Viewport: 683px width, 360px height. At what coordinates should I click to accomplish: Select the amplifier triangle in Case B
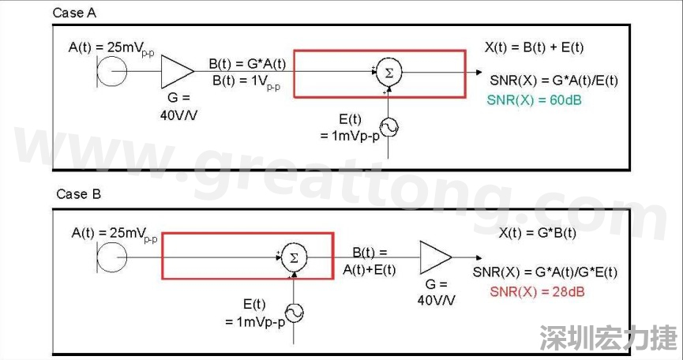[x=435, y=257]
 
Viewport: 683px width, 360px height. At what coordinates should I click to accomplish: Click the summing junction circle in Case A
[x=387, y=73]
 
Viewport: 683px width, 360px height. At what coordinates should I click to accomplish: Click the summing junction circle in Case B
[x=294, y=258]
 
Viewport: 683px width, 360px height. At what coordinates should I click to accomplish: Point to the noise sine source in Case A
[x=388, y=127]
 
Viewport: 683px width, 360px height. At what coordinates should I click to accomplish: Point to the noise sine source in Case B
[x=294, y=313]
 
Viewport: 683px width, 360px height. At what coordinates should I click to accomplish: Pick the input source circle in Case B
[x=111, y=257]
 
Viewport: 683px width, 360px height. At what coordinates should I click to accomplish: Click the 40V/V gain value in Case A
[x=179, y=113]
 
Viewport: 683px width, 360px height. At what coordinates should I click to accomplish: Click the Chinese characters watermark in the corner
[x=608, y=338]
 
